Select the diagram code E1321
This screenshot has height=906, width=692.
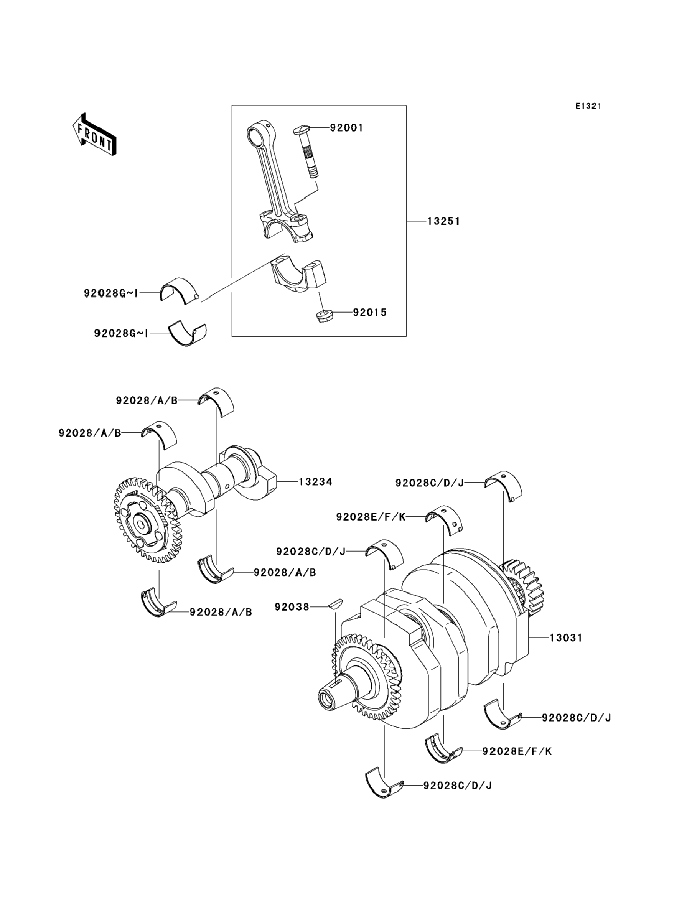(x=588, y=106)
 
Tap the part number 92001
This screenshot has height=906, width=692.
(x=346, y=128)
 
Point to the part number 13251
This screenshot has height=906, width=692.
(x=443, y=222)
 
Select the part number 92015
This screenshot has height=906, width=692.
(x=370, y=313)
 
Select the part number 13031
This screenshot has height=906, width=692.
(x=566, y=638)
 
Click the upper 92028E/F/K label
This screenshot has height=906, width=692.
(x=371, y=517)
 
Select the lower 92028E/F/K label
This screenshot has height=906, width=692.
(x=517, y=751)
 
